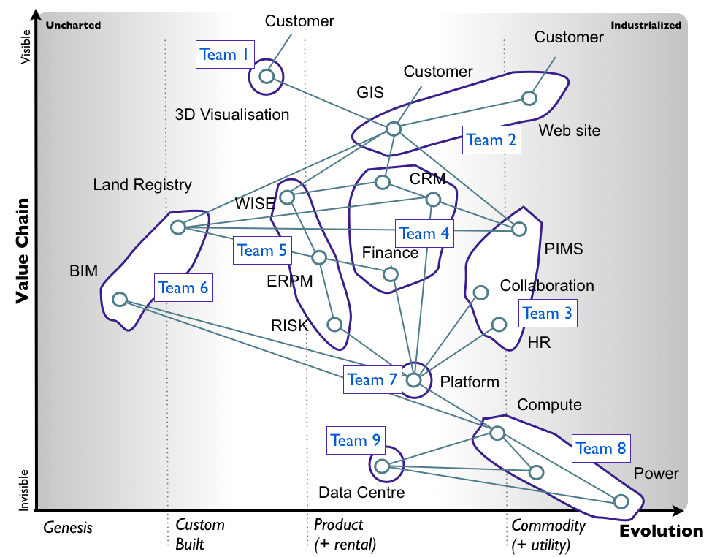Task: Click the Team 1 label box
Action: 225,55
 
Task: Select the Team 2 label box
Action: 491,140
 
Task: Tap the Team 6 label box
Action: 183,288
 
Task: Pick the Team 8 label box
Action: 601,449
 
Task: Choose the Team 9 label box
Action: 356,441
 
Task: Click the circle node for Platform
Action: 414,380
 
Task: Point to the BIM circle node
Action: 119,299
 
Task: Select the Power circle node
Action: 621,501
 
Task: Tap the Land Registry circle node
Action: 178,227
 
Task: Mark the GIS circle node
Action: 394,129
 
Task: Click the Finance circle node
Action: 391,275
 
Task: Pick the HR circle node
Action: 499,325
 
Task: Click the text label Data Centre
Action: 361,493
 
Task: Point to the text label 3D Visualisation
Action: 232,115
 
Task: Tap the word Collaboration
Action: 547,286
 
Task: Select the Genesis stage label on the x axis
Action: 68,526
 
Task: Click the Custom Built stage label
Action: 200,534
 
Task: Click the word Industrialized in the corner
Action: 646,26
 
